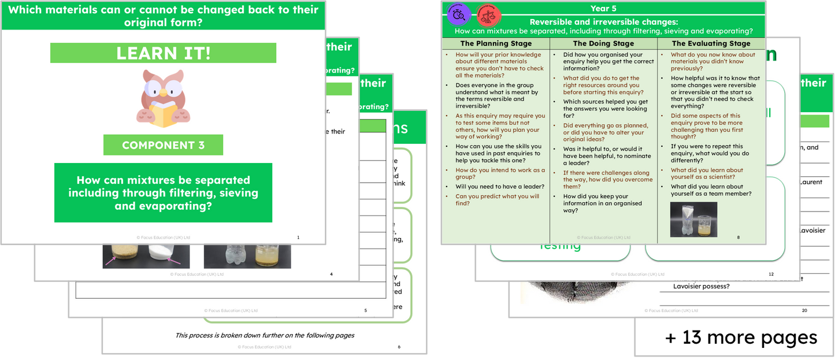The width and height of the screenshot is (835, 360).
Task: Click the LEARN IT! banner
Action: click(x=163, y=53)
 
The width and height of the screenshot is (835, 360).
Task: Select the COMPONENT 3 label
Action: click(x=163, y=146)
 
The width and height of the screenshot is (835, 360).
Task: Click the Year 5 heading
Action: click(x=603, y=8)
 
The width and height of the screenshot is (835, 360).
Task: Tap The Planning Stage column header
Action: click(x=495, y=43)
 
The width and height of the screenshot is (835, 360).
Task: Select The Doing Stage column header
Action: click(x=603, y=43)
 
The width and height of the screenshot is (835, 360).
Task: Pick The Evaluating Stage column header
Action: click(x=711, y=43)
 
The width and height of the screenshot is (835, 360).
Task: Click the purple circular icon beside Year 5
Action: click(x=459, y=13)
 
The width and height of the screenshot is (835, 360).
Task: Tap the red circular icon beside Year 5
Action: click(x=489, y=13)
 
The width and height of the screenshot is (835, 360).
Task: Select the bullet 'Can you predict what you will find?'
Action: click(x=497, y=200)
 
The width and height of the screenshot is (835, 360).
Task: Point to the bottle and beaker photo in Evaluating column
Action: click(x=693, y=220)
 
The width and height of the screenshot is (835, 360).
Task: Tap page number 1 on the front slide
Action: click(x=298, y=237)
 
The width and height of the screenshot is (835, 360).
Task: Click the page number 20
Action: click(x=804, y=310)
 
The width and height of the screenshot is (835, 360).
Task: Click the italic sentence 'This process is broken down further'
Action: click(x=265, y=335)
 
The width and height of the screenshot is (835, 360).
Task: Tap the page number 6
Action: click(x=399, y=347)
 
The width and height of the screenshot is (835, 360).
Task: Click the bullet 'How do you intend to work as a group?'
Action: click(x=500, y=173)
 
